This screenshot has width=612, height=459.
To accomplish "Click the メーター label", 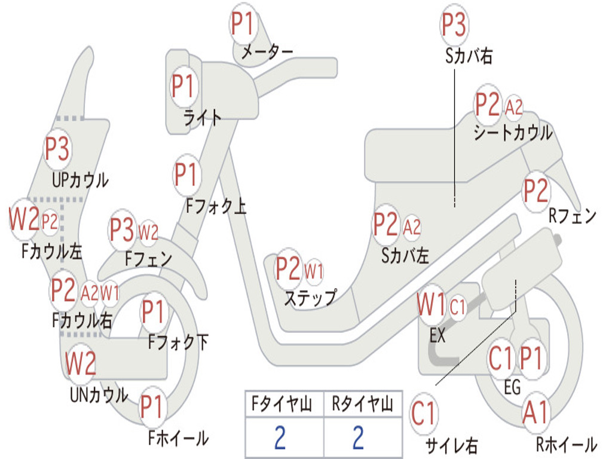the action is (267, 51).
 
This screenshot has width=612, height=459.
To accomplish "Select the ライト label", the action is (202, 118).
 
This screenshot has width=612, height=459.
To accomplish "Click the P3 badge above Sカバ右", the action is (454, 24).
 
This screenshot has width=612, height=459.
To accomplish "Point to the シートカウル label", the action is (513, 133).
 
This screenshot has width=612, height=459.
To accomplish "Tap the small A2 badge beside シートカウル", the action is (513, 107).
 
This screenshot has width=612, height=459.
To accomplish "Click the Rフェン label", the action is (572, 215).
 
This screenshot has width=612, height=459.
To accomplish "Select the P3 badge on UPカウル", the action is (57, 149).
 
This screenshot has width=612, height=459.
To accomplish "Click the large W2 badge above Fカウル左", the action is (24, 219).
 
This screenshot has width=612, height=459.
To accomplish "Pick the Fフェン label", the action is (148, 258).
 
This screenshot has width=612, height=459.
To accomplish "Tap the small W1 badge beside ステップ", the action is (313, 270).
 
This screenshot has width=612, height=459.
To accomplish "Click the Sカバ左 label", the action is (405, 256).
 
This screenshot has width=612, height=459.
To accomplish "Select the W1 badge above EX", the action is (432, 304).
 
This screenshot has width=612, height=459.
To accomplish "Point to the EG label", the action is (512, 387).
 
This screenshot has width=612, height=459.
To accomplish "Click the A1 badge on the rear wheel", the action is (535, 412).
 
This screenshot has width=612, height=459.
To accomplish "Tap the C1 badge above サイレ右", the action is (423, 414).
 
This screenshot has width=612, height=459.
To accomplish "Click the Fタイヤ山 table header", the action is (282, 404).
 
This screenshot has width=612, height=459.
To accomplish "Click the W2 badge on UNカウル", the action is (81, 363).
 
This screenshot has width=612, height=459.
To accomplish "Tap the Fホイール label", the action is (178, 438).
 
